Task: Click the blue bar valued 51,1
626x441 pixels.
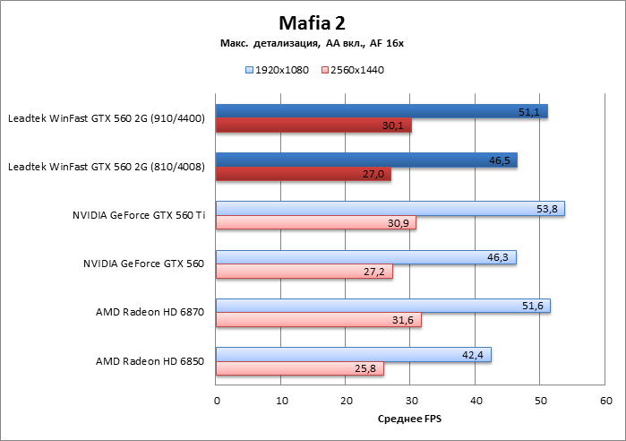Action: (x=382, y=111)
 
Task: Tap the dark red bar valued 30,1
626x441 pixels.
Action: (x=313, y=125)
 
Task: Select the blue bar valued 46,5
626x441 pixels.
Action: (x=366, y=160)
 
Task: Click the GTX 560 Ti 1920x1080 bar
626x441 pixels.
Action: (x=390, y=208)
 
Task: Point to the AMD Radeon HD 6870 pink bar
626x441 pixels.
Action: (x=319, y=320)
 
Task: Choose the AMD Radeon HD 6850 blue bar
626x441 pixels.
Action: (x=354, y=355)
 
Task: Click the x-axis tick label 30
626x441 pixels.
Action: (x=411, y=400)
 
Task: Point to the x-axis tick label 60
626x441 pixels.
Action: (x=605, y=400)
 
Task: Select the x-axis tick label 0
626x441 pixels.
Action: (x=217, y=400)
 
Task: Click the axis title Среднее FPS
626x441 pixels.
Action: (x=410, y=419)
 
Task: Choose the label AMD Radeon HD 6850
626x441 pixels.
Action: (x=150, y=362)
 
